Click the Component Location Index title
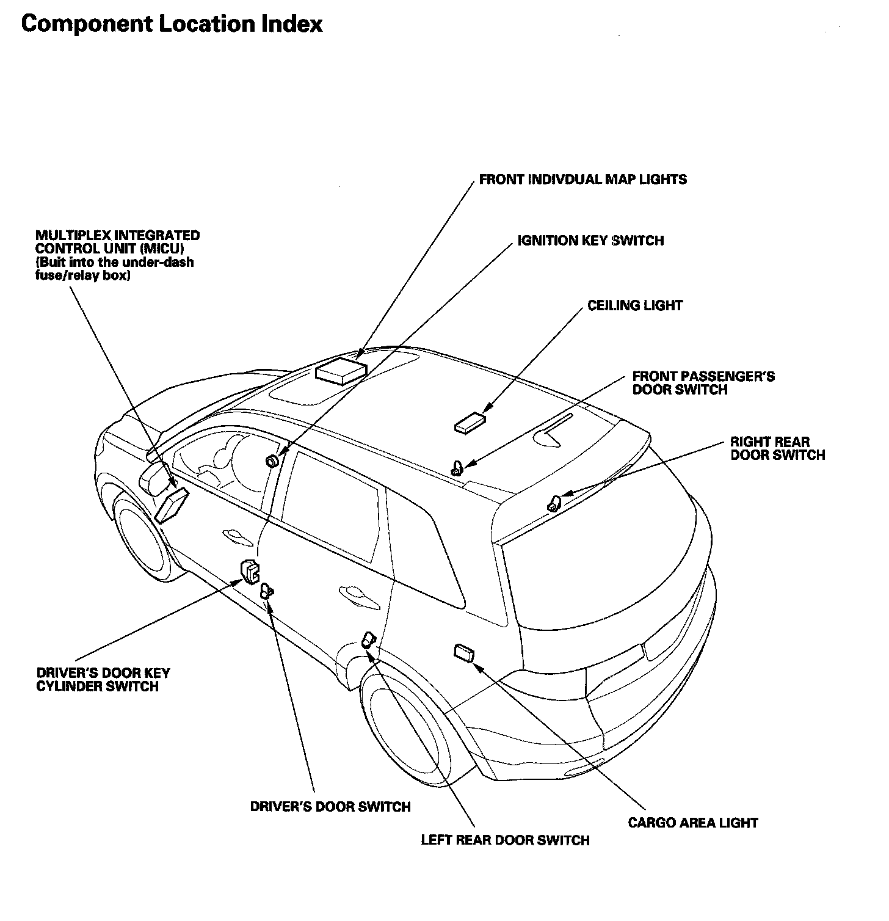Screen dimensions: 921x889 172,24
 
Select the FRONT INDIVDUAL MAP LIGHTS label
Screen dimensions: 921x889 582,180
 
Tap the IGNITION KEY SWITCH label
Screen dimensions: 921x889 590,241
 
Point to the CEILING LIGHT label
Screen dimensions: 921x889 635,305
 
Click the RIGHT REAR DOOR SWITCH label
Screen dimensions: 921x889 777,448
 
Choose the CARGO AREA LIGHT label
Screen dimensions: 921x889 692,823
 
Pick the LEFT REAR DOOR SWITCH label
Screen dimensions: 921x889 505,840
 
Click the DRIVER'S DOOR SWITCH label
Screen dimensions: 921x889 330,807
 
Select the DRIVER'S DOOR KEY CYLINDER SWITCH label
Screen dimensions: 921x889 103,680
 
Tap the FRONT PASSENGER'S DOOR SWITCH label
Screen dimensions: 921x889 703,383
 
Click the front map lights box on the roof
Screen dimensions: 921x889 341,371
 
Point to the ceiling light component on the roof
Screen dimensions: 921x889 470,423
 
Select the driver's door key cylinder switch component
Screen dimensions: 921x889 250,571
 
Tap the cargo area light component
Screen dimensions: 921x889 464,652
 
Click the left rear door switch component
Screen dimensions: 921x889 368,640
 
